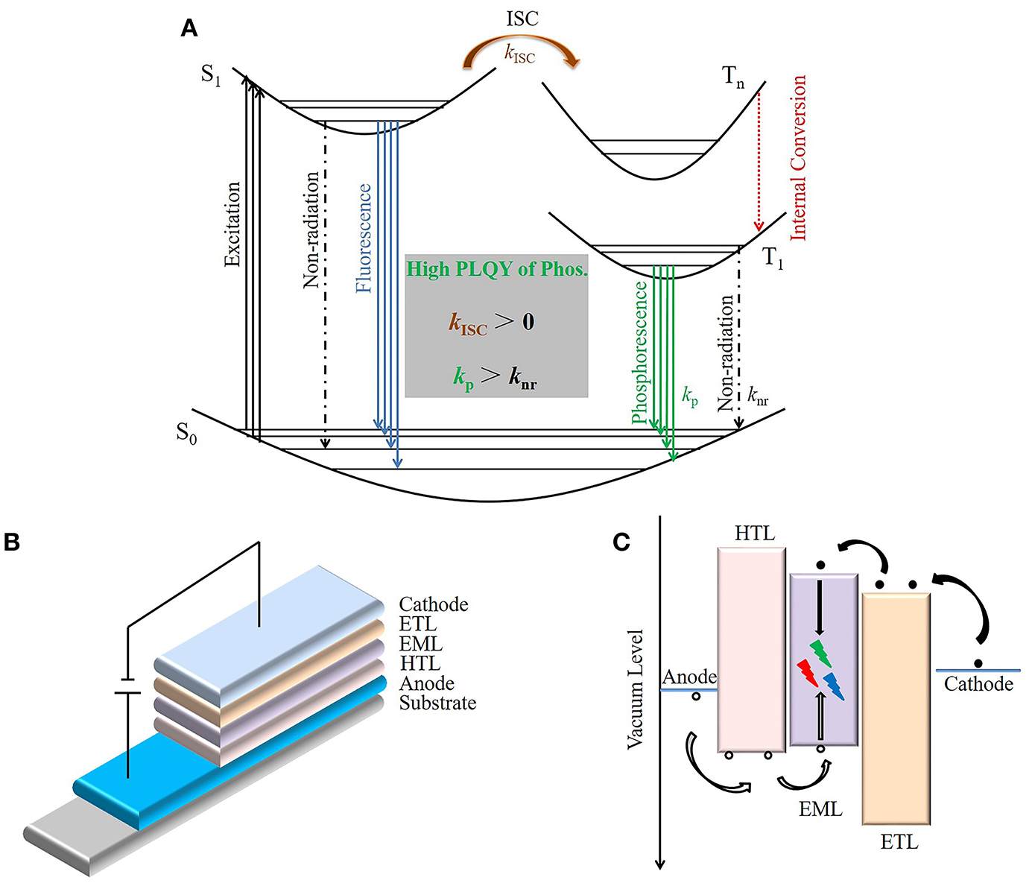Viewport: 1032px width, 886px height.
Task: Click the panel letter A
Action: (189, 29)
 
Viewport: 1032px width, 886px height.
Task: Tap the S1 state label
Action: (211, 75)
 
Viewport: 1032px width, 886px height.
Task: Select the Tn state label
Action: (733, 77)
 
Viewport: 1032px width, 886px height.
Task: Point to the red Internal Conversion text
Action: (798, 157)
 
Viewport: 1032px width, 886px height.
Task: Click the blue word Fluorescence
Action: (364, 238)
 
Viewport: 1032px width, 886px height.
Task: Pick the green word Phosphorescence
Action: (640, 352)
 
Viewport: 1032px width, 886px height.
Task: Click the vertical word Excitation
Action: (233, 224)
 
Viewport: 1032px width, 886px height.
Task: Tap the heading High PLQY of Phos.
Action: (496, 269)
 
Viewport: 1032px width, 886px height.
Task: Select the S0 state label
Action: (186, 433)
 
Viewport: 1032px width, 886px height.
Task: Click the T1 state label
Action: (773, 259)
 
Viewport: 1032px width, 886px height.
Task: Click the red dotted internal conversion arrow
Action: (759, 160)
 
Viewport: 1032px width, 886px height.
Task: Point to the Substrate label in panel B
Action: (437, 703)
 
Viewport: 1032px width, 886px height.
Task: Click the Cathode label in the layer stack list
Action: (434, 604)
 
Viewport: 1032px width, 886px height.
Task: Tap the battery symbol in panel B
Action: (127, 686)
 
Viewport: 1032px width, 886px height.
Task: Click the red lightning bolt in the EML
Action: (807, 673)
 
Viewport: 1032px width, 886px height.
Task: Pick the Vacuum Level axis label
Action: (635, 689)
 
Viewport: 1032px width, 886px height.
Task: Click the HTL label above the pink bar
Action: (754, 534)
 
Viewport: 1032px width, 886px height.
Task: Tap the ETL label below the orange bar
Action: (899, 843)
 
